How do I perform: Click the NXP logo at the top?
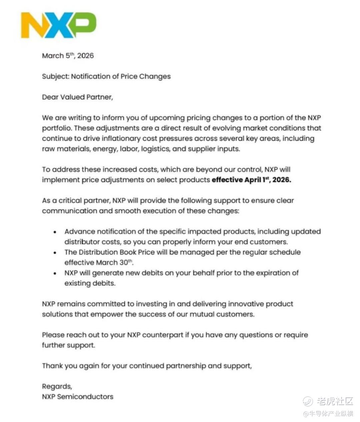coord(59,25)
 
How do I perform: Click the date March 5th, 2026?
coord(68,56)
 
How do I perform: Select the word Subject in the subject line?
coord(55,76)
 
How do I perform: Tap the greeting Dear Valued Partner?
coord(77,97)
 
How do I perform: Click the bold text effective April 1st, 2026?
coord(251,180)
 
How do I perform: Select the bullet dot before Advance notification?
coord(55,232)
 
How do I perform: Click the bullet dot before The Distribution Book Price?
coord(55,253)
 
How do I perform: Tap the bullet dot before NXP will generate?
coord(55,274)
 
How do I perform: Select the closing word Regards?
coord(57,387)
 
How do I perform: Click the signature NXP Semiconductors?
coord(77,397)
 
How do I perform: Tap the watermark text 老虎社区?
coord(335,401)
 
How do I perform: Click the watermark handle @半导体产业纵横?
coord(328,414)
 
